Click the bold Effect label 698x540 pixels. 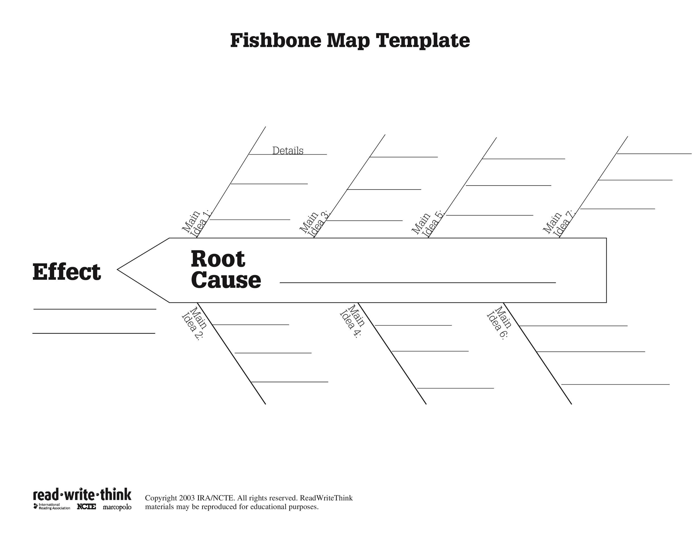click(66, 272)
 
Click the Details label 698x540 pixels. click(288, 150)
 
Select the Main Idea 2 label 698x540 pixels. click(194, 323)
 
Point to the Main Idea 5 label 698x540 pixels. click(427, 224)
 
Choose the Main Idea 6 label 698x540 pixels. click(499, 323)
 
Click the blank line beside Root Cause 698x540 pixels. click(417, 283)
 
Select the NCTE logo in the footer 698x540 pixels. click(86, 507)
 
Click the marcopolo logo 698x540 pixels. click(117, 507)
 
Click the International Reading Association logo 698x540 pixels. click(52, 506)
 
